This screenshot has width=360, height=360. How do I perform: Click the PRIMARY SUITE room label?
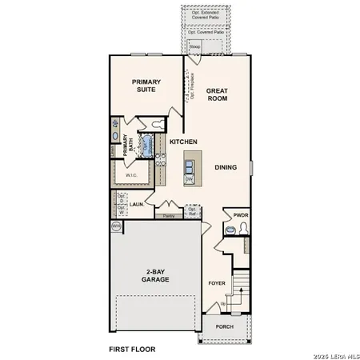[x=148, y=86]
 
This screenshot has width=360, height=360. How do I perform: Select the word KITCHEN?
[x=183, y=142]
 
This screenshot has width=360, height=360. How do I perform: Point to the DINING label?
[x=225, y=167]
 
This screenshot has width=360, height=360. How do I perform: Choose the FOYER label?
[x=217, y=283]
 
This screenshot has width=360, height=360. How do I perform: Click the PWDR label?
[x=241, y=215]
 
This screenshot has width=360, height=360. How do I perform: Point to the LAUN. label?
[x=137, y=204]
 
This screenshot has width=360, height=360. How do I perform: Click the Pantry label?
[x=169, y=216]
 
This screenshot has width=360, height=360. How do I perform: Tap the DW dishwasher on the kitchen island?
[x=189, y=179]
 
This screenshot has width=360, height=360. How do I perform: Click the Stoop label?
[x=194, y=47]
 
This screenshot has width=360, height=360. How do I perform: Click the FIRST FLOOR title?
[x=132, y=350]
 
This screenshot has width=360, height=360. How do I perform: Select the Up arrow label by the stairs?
[x=222, y=304]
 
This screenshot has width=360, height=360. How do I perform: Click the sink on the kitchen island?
[x=190, y=166]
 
